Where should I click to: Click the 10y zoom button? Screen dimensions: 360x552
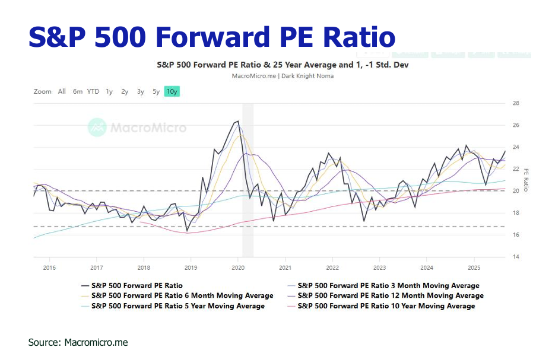click(x=172, y=91)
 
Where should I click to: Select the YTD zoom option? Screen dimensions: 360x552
click(x=93, y=91)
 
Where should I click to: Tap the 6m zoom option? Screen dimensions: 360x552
click(x=78, y=91)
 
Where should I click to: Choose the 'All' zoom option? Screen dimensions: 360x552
click(x=62, y=91)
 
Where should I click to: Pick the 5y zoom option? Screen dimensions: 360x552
click(x=156, y=91)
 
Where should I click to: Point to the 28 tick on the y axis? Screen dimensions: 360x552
click(x=515, y=103)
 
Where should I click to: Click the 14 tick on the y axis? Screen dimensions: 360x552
click(x=515, y=257)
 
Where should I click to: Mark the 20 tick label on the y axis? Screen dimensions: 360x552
click(x=515, y=191)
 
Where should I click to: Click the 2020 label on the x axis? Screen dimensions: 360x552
click(x=237, y=267)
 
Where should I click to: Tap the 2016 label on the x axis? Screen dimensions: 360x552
click(x=49, y=267)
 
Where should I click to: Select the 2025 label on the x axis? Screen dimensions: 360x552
click(x=473, y=267)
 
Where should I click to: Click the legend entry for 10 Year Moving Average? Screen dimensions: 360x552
click(x=386, y=306)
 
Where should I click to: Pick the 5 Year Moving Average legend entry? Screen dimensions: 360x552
click(x=177, y=306)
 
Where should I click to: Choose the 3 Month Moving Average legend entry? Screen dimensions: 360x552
click(x=388, y=285)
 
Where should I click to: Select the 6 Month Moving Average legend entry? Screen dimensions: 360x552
click(x=182, y=295)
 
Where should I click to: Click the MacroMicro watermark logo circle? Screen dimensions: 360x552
click(x=97, y=128)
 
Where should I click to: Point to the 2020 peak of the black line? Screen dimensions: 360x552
click(x=238, y=121)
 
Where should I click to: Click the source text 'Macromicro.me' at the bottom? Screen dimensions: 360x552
click(x=96, y=342)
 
